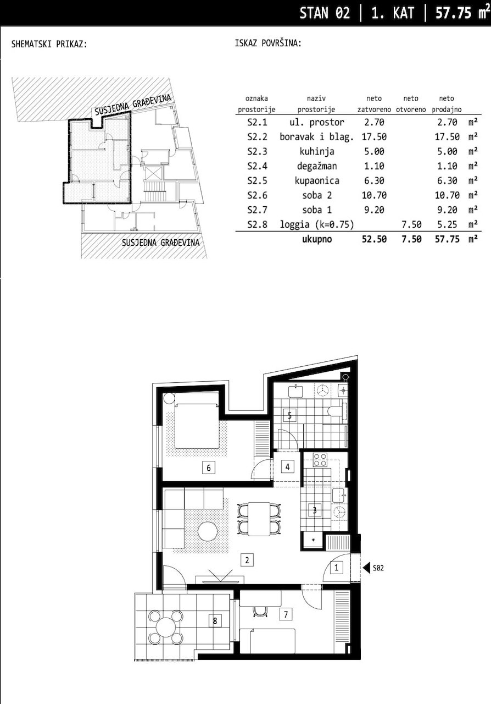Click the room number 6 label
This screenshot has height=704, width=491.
pyautogui.click(x=208, y=468)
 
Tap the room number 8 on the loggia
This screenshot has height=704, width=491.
pyautogui.click(x=215, y=621)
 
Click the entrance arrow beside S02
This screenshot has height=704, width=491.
pyautogui.click(x=365, y=567)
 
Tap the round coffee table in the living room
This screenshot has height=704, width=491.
pyautogui.click(x=208, y=531)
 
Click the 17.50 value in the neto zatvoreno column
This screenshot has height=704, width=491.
pyautogui.click(x=371, y=137)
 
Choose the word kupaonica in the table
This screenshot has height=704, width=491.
pyautogui.click(x=321, y=180)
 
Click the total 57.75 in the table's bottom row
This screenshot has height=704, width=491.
pyautogui.click(x=445, y=239)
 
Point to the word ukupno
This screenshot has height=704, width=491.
pyautogui.click(x=317, y=239)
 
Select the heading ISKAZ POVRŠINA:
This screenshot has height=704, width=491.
pyautogui.click(x=267, y=44)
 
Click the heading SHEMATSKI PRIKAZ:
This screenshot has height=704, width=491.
pyautogui.click(x=49, y=44)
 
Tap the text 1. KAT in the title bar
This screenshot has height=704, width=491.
pyautogui.click(x=393, y=13)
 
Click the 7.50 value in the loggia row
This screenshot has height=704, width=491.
pyautogui.click(x=411, y=224)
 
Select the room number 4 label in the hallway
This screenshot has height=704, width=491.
pyautogui.click(x=287, y=467)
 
